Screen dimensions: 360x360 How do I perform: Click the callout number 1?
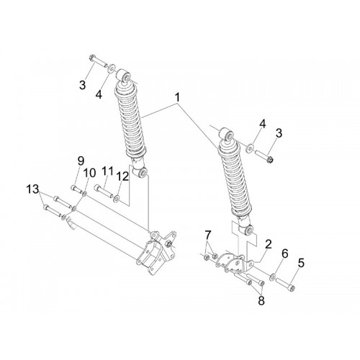[x=177, y=98]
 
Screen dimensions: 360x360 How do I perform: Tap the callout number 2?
[x=268, y=244]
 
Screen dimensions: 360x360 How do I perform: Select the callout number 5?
[x=301, y=263]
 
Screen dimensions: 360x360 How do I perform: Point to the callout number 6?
[x=284, y=253]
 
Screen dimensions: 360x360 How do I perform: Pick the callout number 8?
[x=261, y=300]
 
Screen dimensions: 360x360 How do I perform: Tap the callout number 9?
[x=81, y=161]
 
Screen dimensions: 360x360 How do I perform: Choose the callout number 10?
[x=89, y=173]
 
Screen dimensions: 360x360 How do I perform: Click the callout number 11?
[x=107, y=171]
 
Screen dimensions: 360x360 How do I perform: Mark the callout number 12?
[x=122, y=177]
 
